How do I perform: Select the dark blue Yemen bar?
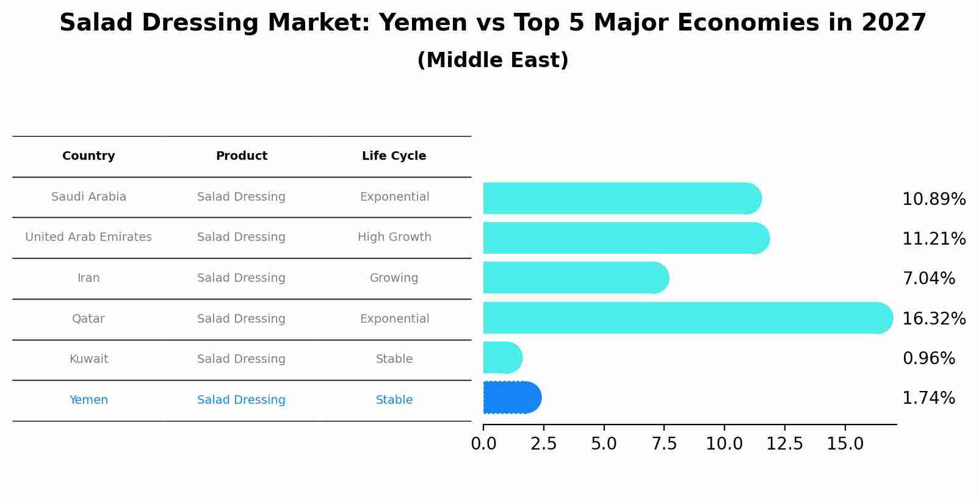511,398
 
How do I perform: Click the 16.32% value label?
933,319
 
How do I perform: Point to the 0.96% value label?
928,359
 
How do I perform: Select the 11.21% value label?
933,239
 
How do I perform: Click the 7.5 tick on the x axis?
664,444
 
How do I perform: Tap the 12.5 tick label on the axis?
784,444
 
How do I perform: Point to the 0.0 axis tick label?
483,444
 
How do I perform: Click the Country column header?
89,156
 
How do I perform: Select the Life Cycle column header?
394,156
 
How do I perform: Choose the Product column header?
241,156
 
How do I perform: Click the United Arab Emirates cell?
89,237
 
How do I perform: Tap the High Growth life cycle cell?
394,237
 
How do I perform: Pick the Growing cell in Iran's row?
394,278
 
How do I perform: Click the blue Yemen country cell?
89,400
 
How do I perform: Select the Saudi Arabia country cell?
89,197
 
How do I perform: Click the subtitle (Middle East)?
493,60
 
